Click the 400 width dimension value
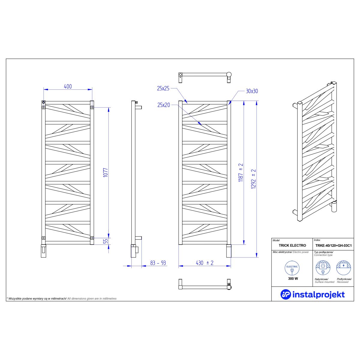tap(68, 86)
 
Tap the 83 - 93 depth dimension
tap(158, 263)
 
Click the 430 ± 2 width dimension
tap(204, 263)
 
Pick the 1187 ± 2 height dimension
tap(241, 173)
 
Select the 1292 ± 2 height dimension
tap(253, 178)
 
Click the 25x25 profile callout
tap(163, 88)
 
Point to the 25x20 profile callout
tap(163, 105)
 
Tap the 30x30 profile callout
tap(252, 91)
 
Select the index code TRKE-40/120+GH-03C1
tap(333, 245)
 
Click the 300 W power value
tap(292, 278)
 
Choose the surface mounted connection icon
tap(323, 268)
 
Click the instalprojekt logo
tap(313, 294)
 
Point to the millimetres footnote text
tap(61, 299)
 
